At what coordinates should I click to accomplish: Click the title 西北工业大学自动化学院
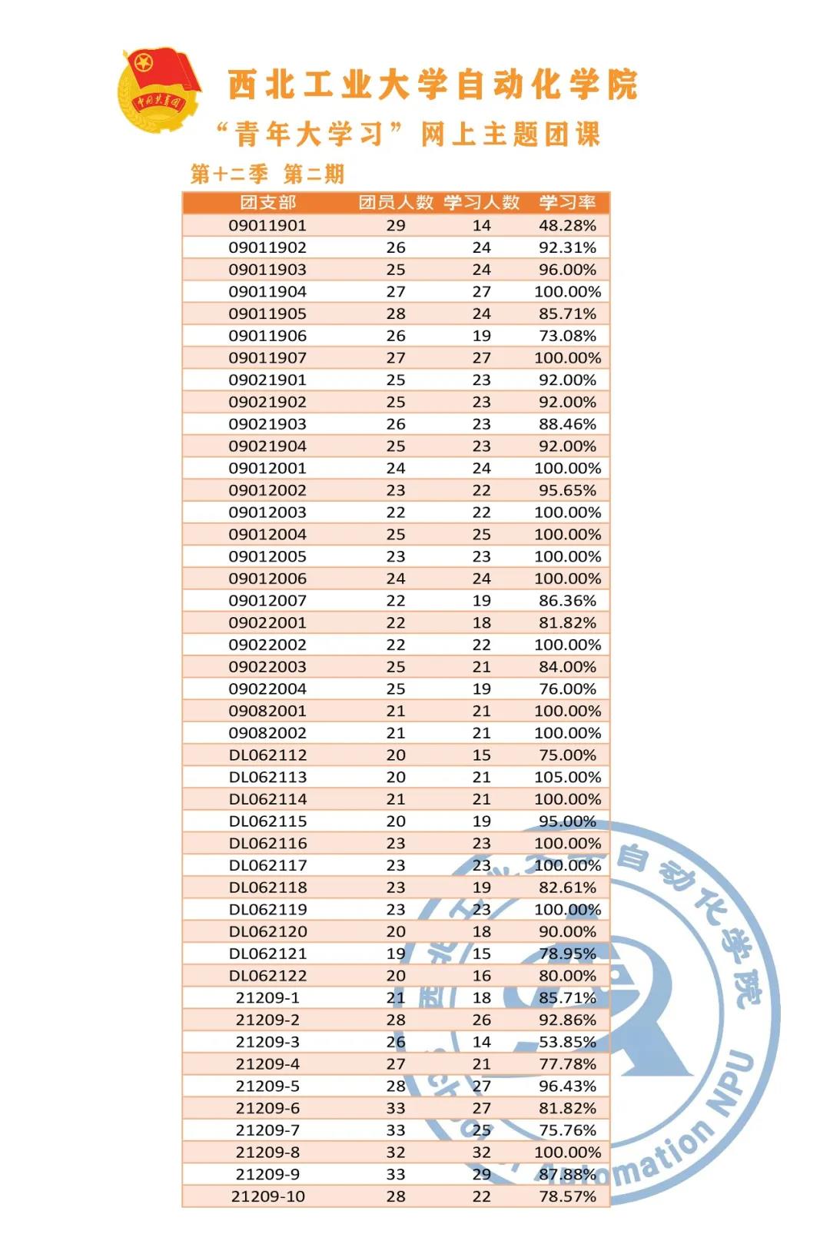[x=433, y=85]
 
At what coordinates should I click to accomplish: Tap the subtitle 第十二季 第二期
[x=267, y=174]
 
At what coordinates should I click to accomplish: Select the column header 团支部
[x=267, y=203]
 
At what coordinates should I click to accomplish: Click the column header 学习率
[x=567, y=203]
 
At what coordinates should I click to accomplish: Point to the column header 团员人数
[x=396, y=203]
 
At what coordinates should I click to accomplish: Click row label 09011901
[x=267, y=225]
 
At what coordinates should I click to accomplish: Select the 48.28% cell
[x=567, y=225]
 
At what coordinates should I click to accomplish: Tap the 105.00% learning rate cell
[x=567, y=777]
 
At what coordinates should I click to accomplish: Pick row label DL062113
[x=267, y=777]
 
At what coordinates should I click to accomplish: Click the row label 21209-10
[x=267, y=1196]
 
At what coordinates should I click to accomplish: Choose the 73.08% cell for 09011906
[x=567, y=336]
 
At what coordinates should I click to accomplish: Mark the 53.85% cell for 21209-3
[x=567, y=1042]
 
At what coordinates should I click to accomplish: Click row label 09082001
[x=267, y=711]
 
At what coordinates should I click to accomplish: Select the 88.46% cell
[x=567, y=424]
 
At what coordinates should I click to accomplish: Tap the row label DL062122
[x=267, y=976]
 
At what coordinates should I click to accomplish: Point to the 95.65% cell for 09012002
[x=567, y=490]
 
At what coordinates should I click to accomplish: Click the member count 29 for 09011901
[x=396, y=225]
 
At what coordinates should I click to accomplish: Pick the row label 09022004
[x=267, y=689]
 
